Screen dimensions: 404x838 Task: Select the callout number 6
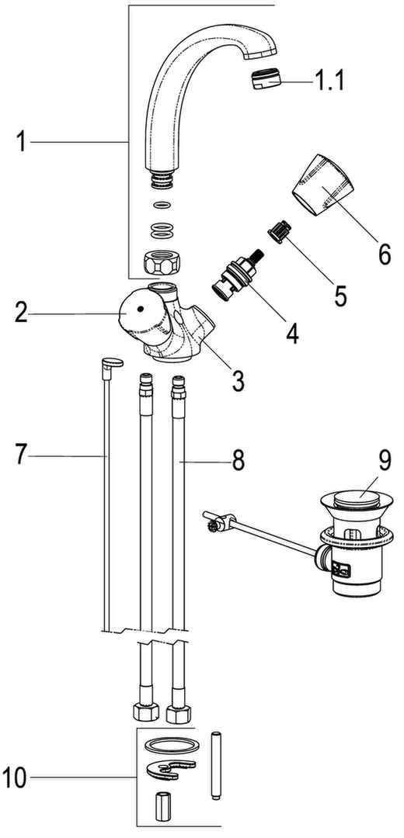click(384, 254)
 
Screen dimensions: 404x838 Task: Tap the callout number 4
click(291, 332)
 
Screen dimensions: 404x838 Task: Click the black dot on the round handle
click(141, 309)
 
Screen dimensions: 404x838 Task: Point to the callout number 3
click(238, 380)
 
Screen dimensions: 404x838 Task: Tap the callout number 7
click(19, 455)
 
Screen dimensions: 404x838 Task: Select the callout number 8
click(238, 460)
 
